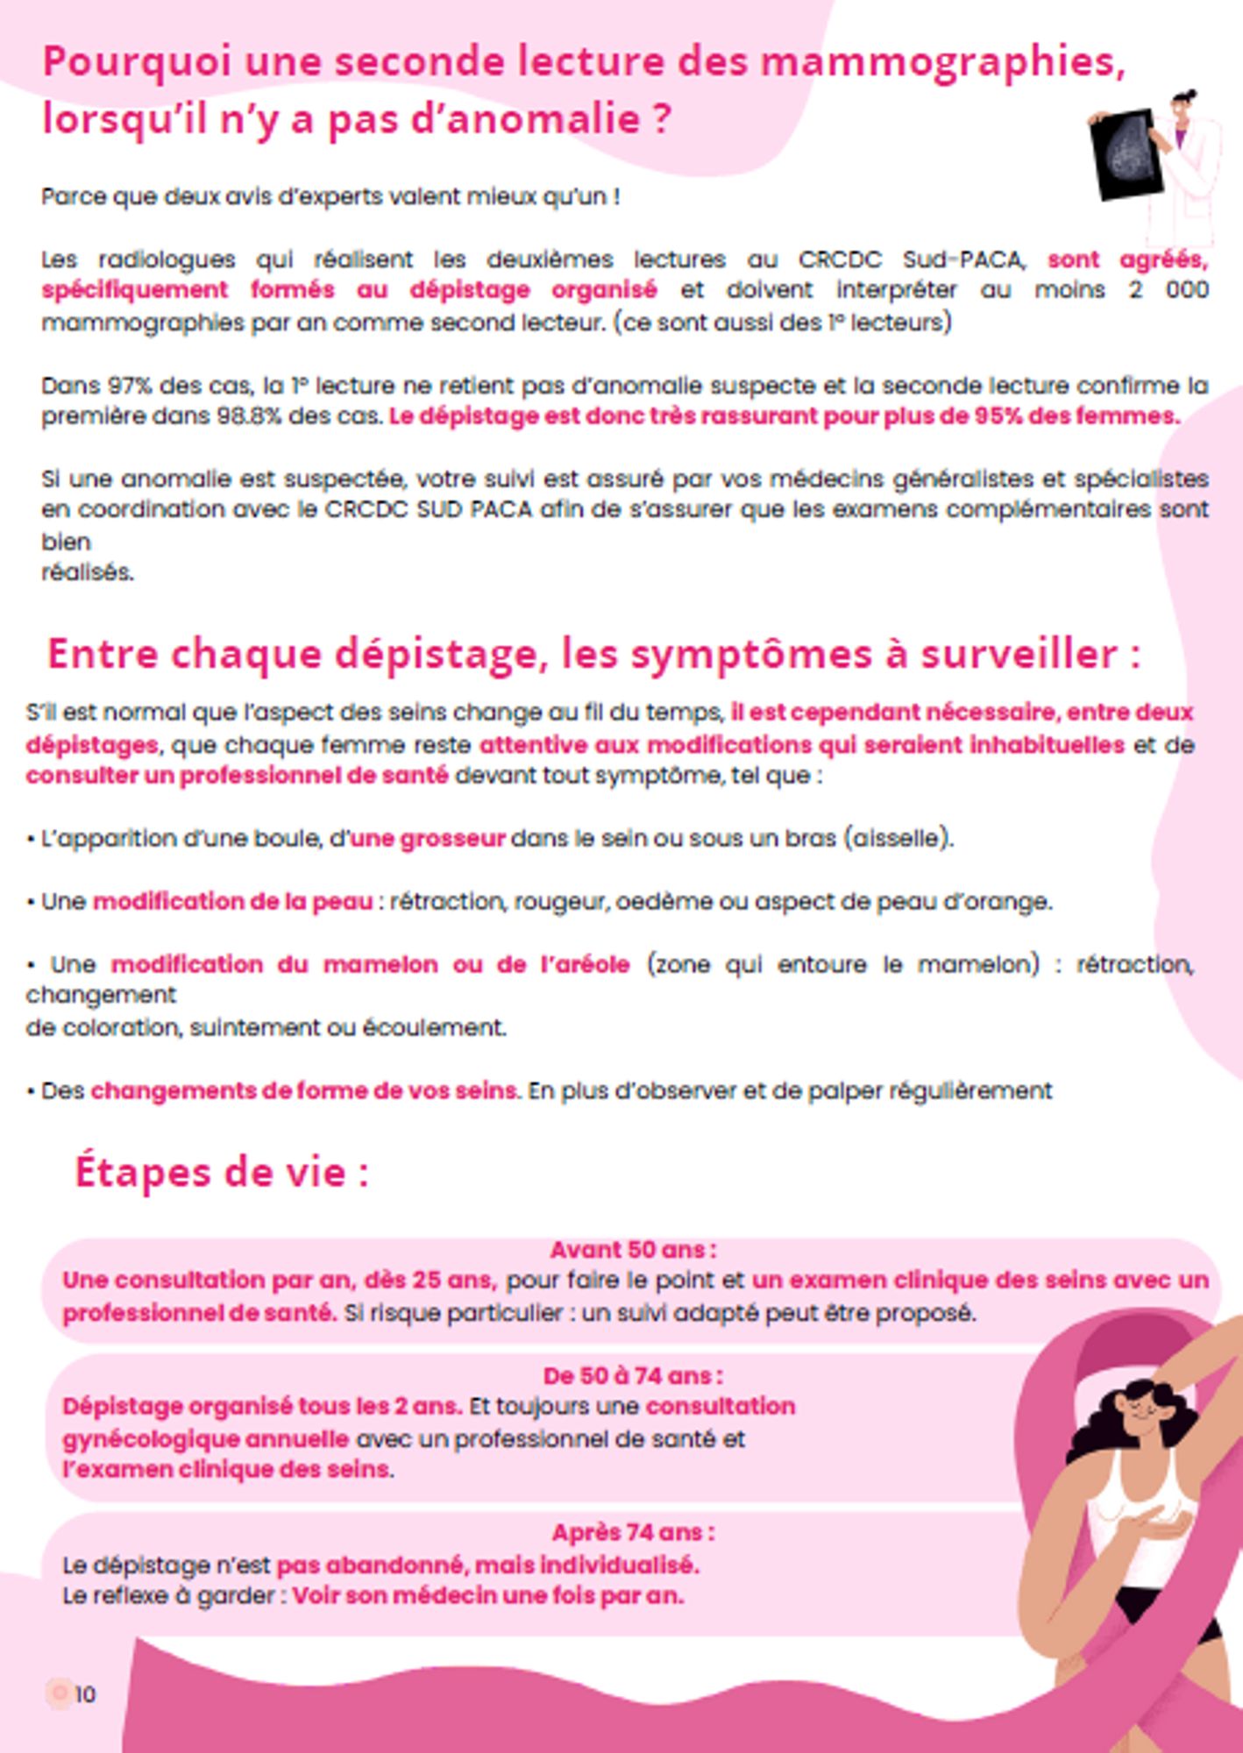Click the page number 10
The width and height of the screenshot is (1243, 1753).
tap(84, 1693)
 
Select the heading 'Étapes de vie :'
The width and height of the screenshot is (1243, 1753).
tap(221, 1171)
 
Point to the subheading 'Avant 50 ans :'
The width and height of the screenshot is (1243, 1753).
tap(633, 1249)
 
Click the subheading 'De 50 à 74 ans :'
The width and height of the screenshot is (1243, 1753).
tap(633, 1375)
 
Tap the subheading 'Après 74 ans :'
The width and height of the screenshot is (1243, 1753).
tap(633, 1532)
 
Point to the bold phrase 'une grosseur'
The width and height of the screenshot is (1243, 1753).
tap(428, 839)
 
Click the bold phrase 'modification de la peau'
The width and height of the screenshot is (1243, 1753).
tap(232, 901)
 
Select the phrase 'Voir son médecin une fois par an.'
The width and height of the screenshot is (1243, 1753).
tap(487, 1595)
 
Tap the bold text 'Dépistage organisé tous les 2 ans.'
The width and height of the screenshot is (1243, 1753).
tap(261, 1406)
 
